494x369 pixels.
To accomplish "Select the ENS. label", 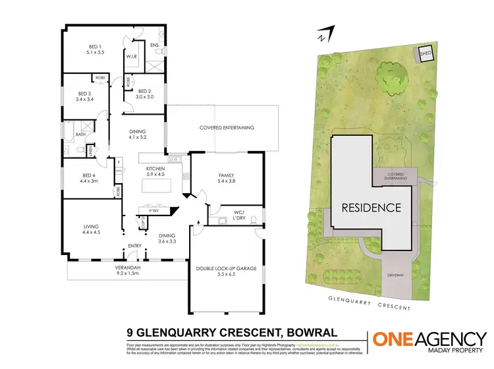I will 155,45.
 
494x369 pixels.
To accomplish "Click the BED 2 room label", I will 144,93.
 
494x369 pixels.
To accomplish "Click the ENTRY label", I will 134,248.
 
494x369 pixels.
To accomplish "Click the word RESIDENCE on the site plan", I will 371,207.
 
